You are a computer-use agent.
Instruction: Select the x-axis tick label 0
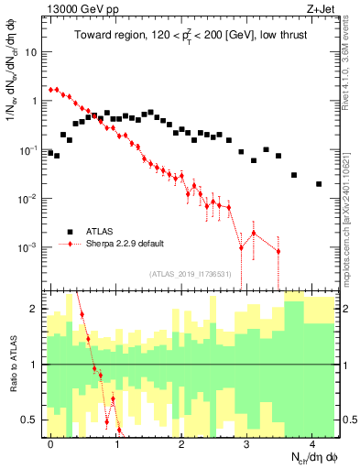(x=50, y=442)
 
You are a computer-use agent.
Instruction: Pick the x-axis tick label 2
(x=181, y=442)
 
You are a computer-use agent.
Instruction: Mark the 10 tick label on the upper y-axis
(x=34, y=52)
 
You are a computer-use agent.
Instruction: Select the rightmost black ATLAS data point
(x=319, y=184)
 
